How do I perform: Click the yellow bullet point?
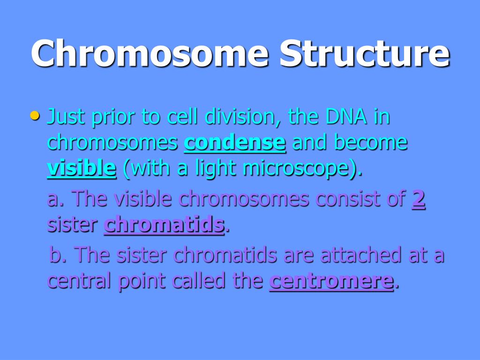point(35,116)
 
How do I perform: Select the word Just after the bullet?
point(66,117)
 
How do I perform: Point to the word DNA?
point(346,116)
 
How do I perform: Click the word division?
point(242,117)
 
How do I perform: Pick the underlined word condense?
point(235,142)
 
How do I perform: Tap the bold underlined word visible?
point(82,168)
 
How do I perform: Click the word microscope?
point(296,169)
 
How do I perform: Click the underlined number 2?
point(419,199)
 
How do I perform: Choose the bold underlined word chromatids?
point(164,225)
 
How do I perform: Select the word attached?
point(361,255)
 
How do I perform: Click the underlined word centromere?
point(331,281)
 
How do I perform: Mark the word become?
point(371,142)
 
